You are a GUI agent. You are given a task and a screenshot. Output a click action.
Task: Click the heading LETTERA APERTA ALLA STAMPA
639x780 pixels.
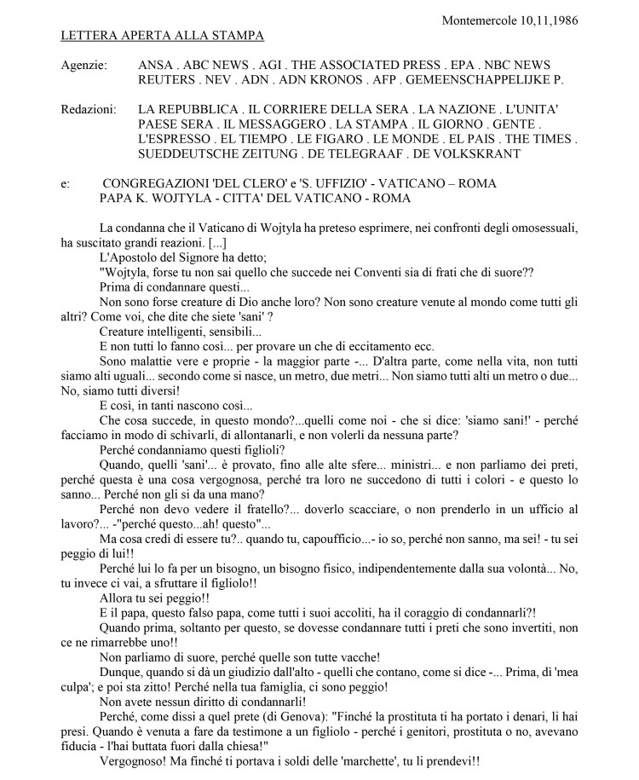tap(163, 35)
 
